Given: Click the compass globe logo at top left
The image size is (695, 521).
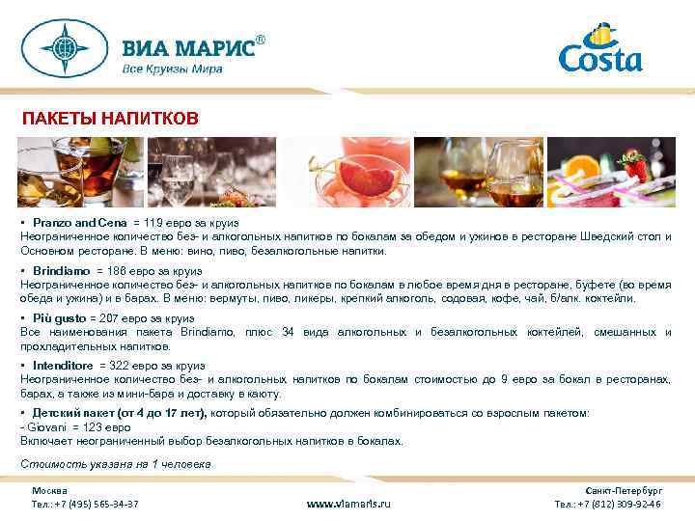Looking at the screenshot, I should [x=66, y=48].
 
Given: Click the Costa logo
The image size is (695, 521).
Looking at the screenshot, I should [x=599, y=50].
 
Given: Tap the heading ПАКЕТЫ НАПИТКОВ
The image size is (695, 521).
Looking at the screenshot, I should [x=111, y=118].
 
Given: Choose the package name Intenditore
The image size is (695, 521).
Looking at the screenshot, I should [x=62, y=367].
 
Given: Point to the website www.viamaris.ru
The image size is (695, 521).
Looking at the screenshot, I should [x=348, y=504].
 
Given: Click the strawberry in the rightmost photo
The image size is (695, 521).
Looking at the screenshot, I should [x=633, y=168].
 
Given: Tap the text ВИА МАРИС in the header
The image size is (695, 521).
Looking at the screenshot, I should [x=187, y=48].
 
